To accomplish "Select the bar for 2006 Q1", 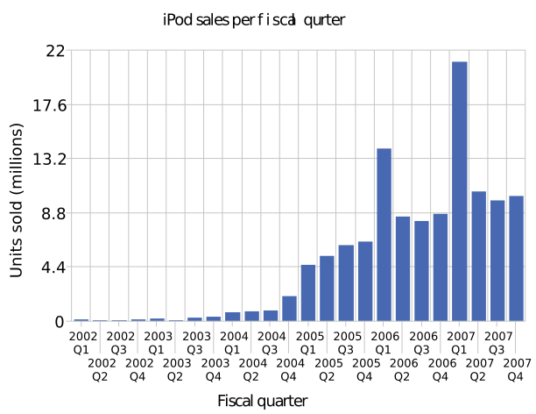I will (384, 234).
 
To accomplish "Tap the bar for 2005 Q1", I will (308, 293).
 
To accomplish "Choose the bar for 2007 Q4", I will (516, 258).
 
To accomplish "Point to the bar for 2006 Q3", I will (421, 271).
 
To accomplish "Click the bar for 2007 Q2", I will (478, 256).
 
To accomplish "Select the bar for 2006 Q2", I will (403, 268).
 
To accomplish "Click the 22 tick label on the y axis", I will (54, 51).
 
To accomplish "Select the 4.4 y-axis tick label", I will (52, 268).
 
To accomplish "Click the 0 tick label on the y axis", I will (60, 322).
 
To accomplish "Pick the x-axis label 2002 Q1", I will (81, 342).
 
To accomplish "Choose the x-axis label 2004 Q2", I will (252, 368).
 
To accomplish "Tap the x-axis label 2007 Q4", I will (517, 368).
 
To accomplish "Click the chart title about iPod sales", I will (254, 18).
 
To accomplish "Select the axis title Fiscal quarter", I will (263, 400).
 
